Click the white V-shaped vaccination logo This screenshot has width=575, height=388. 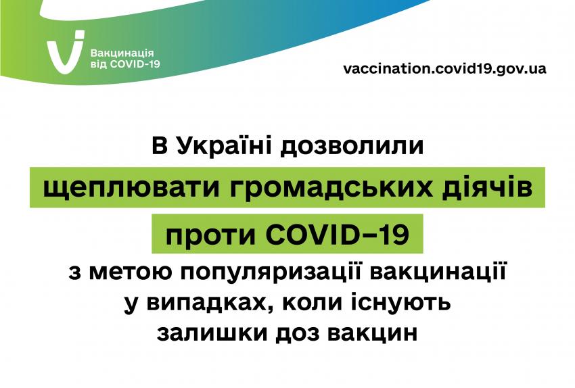pyautogui.click(x=65, y=53)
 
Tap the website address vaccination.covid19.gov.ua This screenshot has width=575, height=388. pyautogui.click(x=444, y=68)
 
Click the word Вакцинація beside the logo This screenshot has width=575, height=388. pyautogui.click(x=122, y=53)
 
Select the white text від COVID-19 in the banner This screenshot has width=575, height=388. pyautogui.click(x=125, y=64)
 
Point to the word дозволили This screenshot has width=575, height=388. pyautogui.click(x=352, y=146)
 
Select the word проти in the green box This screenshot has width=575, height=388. pyautogui.click(x=210, y=235)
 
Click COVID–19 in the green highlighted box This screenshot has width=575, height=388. pyautogui.click(x=338, y=234)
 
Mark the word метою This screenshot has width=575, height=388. pyautogui.click(x=130, y=272)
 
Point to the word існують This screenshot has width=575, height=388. pyautogui.click(x=401, y=303)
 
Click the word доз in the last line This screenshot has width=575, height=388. pyautogui.click(x=297, y=333)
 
